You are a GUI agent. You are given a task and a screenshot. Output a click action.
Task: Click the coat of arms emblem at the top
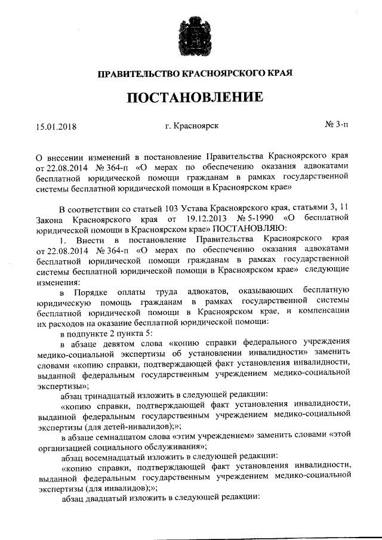coord(192,36)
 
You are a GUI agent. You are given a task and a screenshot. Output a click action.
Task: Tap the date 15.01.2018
coord(57,126)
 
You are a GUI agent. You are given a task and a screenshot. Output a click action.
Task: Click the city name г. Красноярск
coord(192,126)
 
